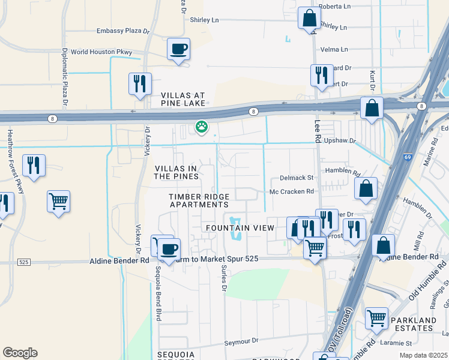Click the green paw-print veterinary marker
coord(201,127)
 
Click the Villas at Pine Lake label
coord(183,100)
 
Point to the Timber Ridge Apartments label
coord(198,200)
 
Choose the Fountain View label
coord(240,228)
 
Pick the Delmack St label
coord(297,178)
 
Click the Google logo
coord(20,353)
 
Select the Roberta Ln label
coord(334,6)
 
